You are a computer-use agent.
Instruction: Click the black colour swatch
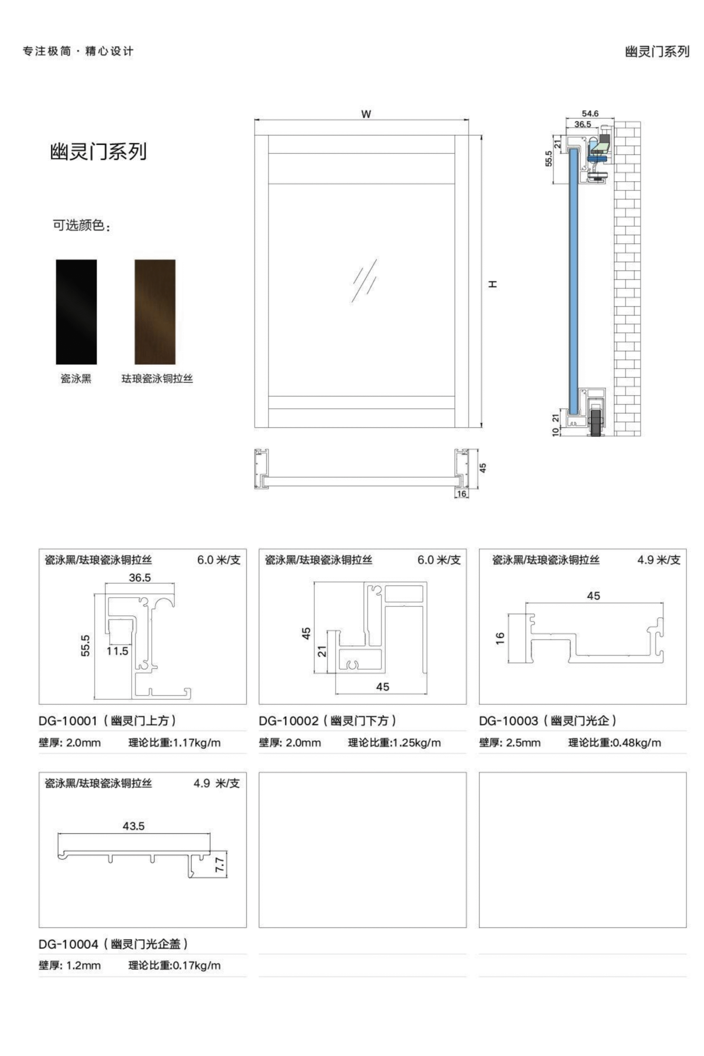pyautogui.click(x=76, y=311)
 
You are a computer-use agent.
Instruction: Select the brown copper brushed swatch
pyautogui.click(x=155, y=311)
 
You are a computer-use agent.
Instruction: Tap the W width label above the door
pyautogui.click(x=366, y=115)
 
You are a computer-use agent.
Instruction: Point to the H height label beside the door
pyautogui.click(x=493, y=284)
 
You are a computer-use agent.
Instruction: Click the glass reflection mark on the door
pyautogui.click(x=364, y=280)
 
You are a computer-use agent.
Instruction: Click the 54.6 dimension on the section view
pyautogui.click(x=590, y=113)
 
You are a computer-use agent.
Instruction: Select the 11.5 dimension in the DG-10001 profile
pyautogui.click(x=117, y=651)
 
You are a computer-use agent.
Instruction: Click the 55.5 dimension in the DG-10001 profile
pyautogui.click(x=85, y=645)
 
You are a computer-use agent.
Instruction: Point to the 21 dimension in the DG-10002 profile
pyautogui.click(x=323, y=651)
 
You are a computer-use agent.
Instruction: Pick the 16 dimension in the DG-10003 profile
pyautogui.click(x=500, y=639)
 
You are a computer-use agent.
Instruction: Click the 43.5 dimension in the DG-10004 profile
pyautogui.click(x=133, y=826)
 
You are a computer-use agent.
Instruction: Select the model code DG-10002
pyautogui.click(x=288, y=721)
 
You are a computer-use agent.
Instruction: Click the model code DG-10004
pyautogui.click(x=68, y=944)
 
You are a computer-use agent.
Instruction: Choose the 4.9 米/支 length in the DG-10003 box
pyautogui.click(x=659, y=560)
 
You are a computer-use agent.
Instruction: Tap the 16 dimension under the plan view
pyautogui.click(x=461, y=494)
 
